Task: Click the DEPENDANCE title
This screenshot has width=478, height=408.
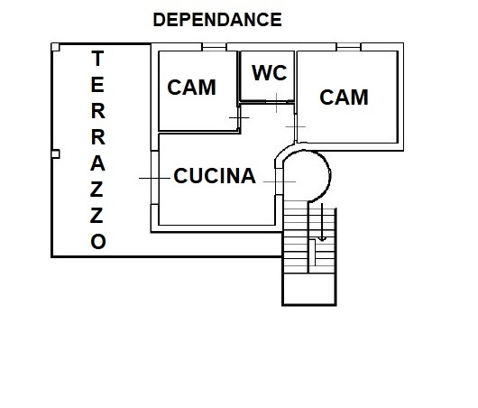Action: click(217, 20)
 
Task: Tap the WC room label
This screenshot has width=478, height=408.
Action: click(270, 73)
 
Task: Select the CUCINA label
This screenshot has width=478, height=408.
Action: click(215, 176)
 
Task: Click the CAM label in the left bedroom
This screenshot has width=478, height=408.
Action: click(192, 88)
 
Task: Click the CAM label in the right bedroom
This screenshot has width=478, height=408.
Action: click(344, 97)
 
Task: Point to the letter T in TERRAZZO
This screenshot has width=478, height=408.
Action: click(97, 59)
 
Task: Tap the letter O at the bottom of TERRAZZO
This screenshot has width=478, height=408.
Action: click(98, 241)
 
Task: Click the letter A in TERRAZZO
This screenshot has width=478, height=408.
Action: click(98, 163)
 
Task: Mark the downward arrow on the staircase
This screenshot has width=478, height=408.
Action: click(322, 222)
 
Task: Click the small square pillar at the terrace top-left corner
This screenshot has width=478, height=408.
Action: click(55, 47)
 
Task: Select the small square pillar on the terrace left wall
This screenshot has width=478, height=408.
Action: click(55, 153)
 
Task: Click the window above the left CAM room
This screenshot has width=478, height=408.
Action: click(214, 47)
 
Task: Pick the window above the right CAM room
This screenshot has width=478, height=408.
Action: click(348, 47)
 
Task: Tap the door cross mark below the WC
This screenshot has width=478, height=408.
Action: click(276, 103)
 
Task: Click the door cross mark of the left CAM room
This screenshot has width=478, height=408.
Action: click(239, 117)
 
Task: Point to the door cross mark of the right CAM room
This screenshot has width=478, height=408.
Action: click(296, 126)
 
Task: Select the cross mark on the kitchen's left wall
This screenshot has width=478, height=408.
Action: click(154, 178)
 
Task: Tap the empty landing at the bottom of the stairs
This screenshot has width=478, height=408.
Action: click(309, 288)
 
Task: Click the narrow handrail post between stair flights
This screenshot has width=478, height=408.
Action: click(312, 253)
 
